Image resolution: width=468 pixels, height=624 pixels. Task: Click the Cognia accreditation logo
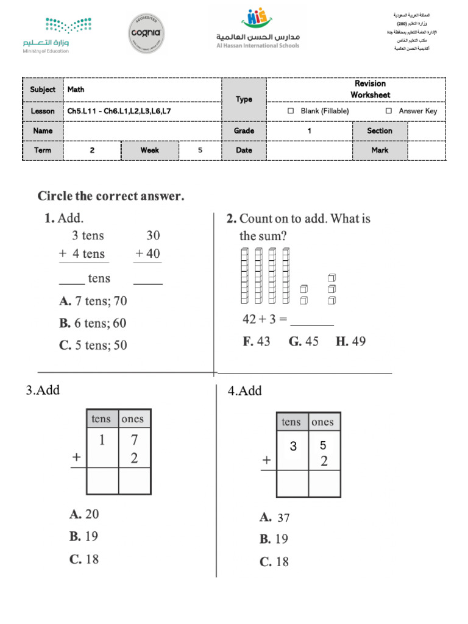coord(147,34)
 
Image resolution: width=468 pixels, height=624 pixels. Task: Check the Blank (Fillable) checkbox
coord(291,111)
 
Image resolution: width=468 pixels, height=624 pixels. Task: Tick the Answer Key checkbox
coord(388,111)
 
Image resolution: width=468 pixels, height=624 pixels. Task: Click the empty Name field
coord(142,130)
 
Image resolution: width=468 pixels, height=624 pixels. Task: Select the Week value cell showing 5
coord(200,150)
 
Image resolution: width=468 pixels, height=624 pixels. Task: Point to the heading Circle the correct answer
coord(111,196)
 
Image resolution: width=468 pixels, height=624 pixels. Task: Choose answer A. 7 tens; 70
coord(93,300)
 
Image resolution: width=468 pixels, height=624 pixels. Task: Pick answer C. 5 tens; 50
coord(93,345)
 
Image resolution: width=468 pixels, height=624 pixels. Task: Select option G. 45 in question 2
coord(303,341)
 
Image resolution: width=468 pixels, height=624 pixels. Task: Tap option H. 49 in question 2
coord(350,341)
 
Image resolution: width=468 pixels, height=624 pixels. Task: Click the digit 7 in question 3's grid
coord(134,440)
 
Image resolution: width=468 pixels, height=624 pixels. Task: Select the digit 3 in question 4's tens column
coord(293,447)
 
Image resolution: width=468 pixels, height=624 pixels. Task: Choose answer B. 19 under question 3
coord(84,536)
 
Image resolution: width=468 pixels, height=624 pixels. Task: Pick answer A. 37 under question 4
coord(275,517)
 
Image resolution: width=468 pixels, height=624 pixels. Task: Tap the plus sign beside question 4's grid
coord(266,461)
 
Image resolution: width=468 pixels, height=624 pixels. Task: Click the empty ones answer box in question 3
coord(135,481)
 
